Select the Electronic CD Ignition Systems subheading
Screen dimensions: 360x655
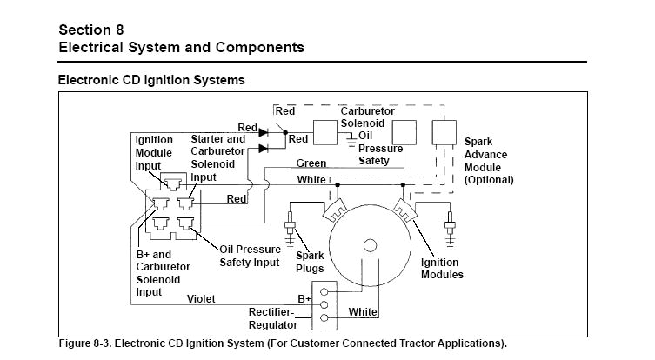pyautogui.click(x=150, y=80)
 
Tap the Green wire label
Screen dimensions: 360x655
pyautogui.click(x=311, y=163)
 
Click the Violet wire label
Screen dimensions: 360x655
pyautogui.click(x=201, y=298)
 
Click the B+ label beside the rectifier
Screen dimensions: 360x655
pyautogui.click(x=304, y=298)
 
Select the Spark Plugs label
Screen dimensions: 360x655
pyautogui.click(x=310, y=263)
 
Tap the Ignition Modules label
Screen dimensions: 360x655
pyautogui.click(x=442, y=269)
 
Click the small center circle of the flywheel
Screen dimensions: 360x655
pyautogui.click(x=370, y=245)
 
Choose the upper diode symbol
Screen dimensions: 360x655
pyautogui.click(x=264, y=130)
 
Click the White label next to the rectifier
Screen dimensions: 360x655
pyautogui.click(x=363, y=311)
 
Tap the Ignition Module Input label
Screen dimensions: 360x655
pyautogui.click(x=154, y=153)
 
